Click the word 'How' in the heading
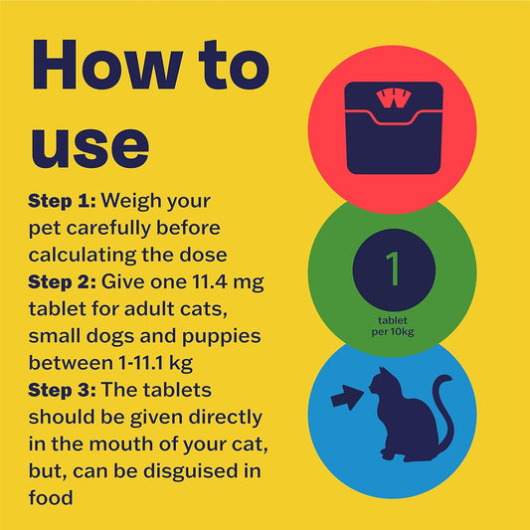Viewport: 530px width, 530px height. (x=107, y=65)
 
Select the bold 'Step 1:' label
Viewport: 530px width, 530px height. (x=63, y=201)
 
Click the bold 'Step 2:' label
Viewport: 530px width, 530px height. (x=63, y=281)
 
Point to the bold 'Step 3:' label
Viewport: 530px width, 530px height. (x=63, y=390)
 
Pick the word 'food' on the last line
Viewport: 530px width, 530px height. (x=51, y=498)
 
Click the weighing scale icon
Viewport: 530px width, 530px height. (x=394, y=128)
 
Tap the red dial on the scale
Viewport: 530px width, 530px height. (x=394, y=98)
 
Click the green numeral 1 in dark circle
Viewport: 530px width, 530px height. (x=394, y=269)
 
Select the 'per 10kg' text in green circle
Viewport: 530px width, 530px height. (x=393, y=332)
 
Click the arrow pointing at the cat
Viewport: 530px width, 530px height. (x=347, y=398)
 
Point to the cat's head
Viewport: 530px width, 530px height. (x=381, y=382)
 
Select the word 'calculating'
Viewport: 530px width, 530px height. (x=83, y=256)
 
